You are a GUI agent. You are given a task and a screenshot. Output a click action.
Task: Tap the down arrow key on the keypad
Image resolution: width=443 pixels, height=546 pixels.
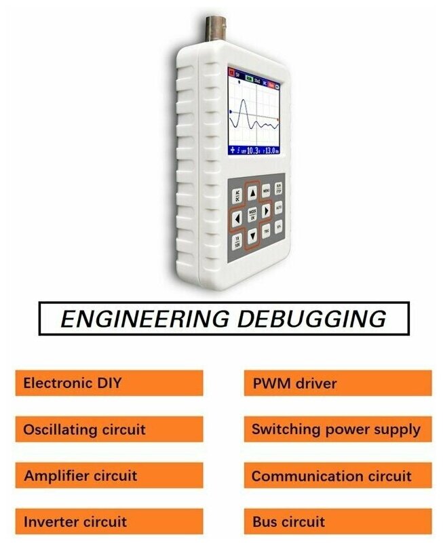[x=252, y=236]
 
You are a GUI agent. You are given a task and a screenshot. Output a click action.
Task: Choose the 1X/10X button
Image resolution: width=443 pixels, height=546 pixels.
[x=237, y=241]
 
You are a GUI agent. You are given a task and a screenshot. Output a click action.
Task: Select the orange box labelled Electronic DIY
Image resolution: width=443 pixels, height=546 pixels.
[x=109, y=383]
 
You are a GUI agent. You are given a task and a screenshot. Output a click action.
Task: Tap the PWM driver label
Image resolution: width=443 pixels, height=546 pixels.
[x=337, y=383]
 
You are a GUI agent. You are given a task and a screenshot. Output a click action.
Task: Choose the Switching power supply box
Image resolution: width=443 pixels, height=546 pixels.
[x=337, y=429]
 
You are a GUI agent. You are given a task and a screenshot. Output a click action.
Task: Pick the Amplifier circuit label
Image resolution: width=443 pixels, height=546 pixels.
[x=109, y=475]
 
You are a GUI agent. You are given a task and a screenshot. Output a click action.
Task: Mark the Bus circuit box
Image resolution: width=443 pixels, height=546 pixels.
[x=337, y=522]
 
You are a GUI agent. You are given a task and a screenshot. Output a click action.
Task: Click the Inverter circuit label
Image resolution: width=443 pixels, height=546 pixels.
[x=109, y=522]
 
